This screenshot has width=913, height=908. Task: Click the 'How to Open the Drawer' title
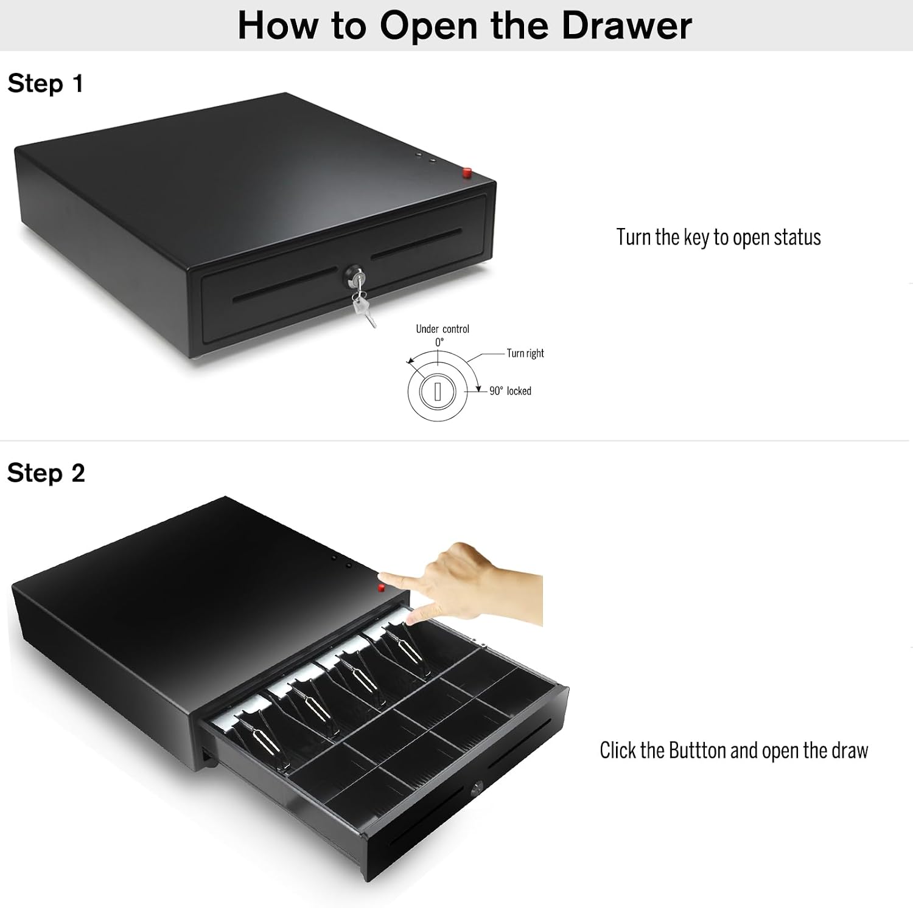point(464,26)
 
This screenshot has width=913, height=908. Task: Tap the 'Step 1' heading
point(45,83)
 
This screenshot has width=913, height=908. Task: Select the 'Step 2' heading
point(46,473)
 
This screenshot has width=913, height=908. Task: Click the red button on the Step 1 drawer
point(467,173)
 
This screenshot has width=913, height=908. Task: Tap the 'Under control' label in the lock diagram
point(443,329)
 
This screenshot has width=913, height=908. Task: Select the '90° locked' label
point(510,391)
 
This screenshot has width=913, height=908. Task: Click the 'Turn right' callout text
point(525,353)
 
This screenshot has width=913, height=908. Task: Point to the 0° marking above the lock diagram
point(439,342)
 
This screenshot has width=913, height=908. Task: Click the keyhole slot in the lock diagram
point(437,391)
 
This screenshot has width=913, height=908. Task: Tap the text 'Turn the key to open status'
point(718,237)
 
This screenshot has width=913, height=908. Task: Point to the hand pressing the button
point(469,584)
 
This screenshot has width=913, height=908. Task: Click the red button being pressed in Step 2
point(382,587)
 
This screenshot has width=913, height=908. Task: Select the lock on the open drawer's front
point(477,788)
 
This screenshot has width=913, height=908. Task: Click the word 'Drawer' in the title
point(627,26)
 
